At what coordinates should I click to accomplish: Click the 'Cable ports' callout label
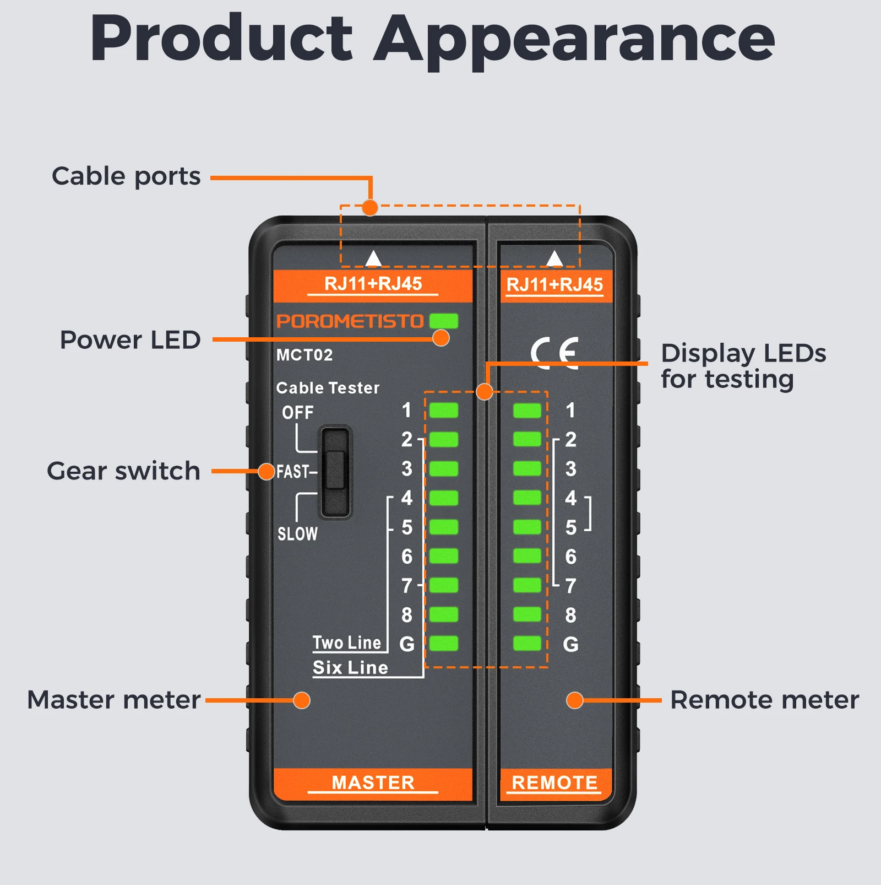click(126, 177)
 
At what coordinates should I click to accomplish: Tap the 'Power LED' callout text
click(130, 339)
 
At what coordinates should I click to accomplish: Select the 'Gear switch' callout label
click(123, 471)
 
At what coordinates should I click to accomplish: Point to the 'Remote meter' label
click(764, 700)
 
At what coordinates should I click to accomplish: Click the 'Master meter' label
click(114, 700)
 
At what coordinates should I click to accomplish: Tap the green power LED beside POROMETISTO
click(444, 321)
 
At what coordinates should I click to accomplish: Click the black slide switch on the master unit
click(335, 472)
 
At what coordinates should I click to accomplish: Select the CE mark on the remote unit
click(555, 352)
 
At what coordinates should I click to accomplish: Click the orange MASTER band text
click(373, 783)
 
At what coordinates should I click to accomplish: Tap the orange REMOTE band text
click(554, 783)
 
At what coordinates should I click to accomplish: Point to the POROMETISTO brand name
click(350, 321)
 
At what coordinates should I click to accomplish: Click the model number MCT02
click(304, 355)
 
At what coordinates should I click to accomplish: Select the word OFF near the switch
click(298, 412)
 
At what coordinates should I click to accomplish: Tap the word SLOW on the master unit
click(297, 533)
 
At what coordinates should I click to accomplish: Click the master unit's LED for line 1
click(444, 410)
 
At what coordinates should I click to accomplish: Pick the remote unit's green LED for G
click(527, 643)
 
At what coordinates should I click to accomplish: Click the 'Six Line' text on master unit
click(350, 667)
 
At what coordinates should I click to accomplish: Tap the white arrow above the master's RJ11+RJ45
click(374, 258)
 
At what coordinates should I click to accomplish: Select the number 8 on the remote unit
click(570, 615)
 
